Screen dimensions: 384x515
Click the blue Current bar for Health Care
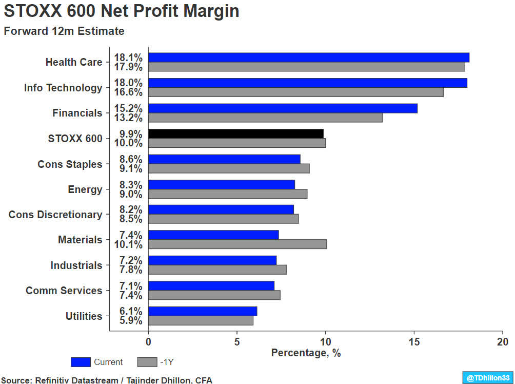click(308, 57)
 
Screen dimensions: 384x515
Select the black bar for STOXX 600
click(235, 133)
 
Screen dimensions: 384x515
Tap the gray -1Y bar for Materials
click(237, 244)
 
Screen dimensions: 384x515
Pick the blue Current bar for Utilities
click(203, 311)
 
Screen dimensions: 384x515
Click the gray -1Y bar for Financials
click(265, 118)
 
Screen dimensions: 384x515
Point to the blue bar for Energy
click(221, 184)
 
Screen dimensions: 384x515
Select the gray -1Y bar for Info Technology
click(295, 92)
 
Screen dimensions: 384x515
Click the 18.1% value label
click(128, 57)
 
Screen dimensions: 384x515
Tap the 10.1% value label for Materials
click(128, 244)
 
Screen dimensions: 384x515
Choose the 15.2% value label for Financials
click(128, 108)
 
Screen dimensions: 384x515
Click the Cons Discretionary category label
click(55, 215)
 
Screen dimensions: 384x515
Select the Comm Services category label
click(64, 291)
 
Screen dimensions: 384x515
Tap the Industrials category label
click(76, 265)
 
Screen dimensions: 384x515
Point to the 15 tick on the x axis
click(414, 341)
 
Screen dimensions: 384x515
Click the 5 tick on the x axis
click(236, 341)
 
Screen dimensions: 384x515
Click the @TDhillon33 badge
click(487, 377)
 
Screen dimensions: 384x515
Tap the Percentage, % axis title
click(306, 353)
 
